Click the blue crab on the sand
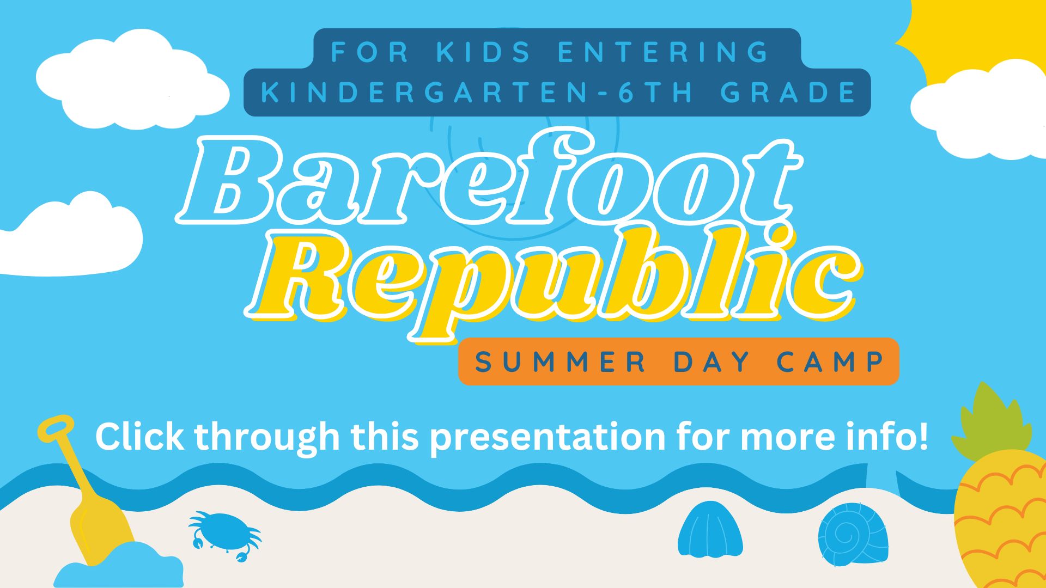coord(224,535)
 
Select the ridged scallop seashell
coord(710,529)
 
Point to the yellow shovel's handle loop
coord(56,428)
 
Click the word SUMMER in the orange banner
coord(560,362)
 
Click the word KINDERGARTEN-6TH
coord(477,93)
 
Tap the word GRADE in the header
coord(788,93)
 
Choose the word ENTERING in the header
coord(664,52)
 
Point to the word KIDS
coord(484,52)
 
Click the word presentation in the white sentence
coord(548,438)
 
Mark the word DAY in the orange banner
coord(711,362)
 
